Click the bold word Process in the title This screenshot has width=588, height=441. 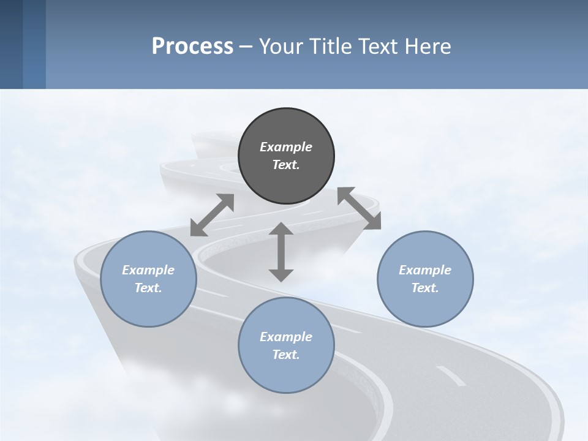click(192, 47)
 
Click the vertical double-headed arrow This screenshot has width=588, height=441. click(281, 252)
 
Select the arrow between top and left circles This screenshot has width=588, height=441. click(212, 215)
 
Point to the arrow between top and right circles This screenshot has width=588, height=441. click(359, 209)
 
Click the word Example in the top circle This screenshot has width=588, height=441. click(286, 147)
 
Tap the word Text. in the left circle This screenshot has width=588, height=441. click(148, 288)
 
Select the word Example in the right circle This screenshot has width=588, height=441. click(425, 270)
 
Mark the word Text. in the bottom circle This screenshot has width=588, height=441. click(286, 355)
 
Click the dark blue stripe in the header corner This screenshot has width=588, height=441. click(11, 44)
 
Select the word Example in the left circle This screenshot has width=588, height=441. click(148, 270)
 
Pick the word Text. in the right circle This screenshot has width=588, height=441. click(425, 288)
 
